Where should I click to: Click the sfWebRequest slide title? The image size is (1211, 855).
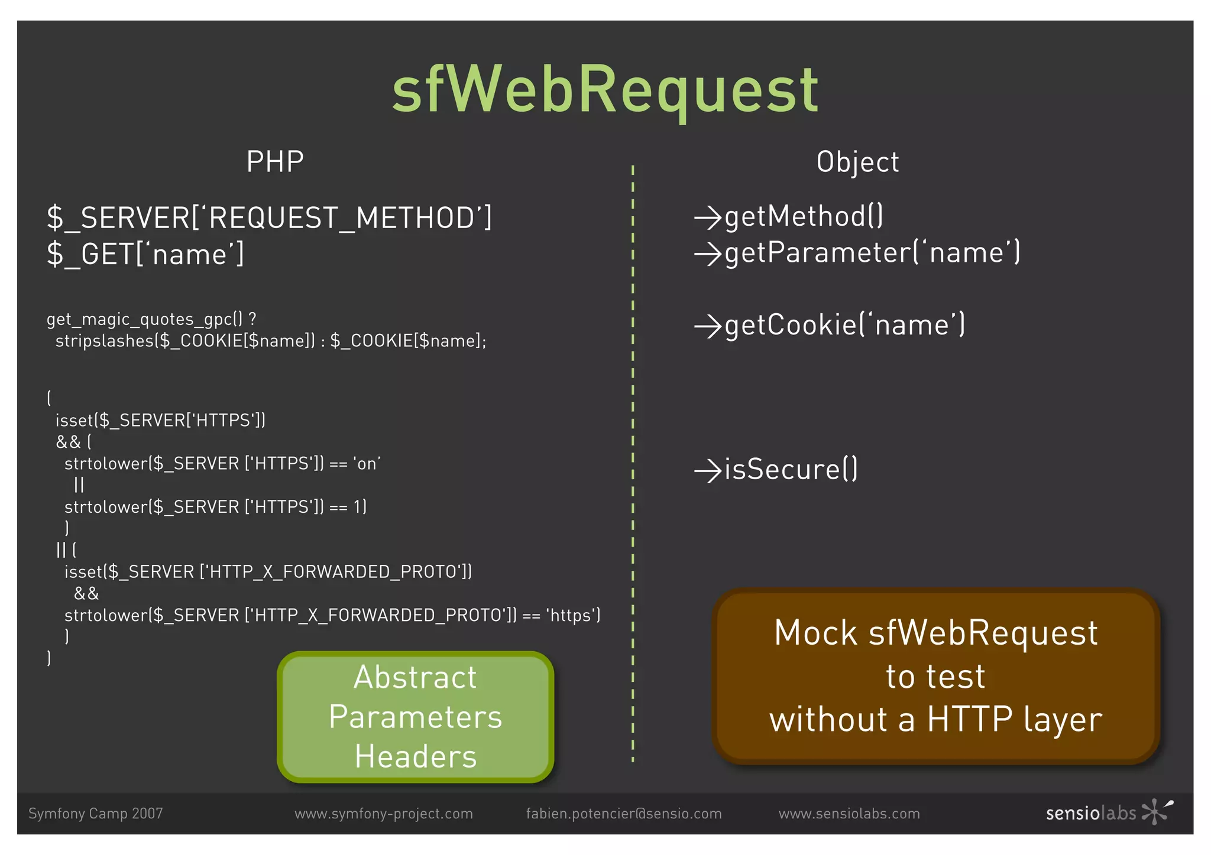coord(605,90)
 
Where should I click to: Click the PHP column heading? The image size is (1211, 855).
coord(275,162)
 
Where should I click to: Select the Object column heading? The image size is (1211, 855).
coord(857,162)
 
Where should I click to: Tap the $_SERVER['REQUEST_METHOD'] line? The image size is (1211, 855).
coord(269,218)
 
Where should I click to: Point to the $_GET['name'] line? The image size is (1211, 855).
coord(145,255)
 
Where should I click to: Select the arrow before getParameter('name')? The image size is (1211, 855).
coord(707,254)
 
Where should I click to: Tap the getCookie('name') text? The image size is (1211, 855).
coord(844,326)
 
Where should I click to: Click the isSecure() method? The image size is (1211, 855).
coord(791,470)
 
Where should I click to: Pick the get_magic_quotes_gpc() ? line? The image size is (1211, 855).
coord(151,319)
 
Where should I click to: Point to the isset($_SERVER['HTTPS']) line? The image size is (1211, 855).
coord(160,420)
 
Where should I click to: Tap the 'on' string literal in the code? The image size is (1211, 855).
coord(367,464)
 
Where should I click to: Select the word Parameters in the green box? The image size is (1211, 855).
coord(415,717)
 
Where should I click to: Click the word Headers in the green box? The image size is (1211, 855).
coord(415,757)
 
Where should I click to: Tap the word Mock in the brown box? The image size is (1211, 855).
coord(815,633)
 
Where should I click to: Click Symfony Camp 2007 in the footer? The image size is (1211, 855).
coord(95,814)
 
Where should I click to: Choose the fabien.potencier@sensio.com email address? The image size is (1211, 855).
coord(624,814)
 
